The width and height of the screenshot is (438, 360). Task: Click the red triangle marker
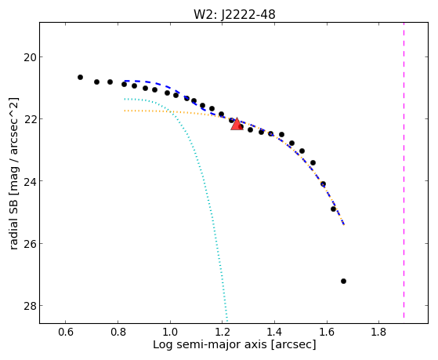(x=237, y=124)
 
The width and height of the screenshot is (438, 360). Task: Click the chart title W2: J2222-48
(x=234, y=15)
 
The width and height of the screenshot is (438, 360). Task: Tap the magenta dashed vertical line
(x=404, y=170)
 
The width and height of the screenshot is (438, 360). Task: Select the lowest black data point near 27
(x=343, y=281)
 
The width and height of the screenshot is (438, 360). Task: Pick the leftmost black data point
(x=80, y=77)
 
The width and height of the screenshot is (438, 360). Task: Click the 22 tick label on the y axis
(x=30, y=119)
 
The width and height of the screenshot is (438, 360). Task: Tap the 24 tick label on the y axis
(x=30, y=181)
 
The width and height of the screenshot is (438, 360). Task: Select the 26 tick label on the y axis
(x=30, y=244)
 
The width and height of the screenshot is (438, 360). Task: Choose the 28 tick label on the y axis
(x=30, y=306)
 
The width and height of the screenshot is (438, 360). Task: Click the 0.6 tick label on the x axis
(x=65, y=332)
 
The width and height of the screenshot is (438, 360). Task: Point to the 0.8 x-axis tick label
(x=118, y=332)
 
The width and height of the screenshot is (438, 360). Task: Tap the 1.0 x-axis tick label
(x=170, y=332)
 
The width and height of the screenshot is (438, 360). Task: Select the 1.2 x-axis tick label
(x=222, y=332)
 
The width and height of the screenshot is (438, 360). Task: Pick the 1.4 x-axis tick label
(x=274, y=332)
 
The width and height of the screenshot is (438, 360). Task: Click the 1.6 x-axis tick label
(x=327, y=332)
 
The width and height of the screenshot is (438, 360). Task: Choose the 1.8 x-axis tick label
(x=378, y=332)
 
